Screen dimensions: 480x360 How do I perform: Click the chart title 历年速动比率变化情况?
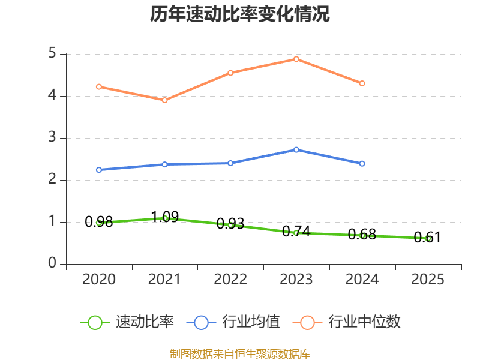pos(239,14)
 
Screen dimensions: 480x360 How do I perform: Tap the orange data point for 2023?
pos(296,59)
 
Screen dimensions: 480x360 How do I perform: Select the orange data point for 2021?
pos(164,100)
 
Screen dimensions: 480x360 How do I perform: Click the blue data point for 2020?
pos(99,170)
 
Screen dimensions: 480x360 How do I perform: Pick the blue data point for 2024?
pos(362,164)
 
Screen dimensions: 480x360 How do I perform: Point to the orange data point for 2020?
pos(99,87)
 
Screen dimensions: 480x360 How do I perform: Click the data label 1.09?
pos(165,217)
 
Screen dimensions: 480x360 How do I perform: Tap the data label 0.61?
pos(427,237)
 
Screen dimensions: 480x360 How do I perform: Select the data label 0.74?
pos(296,232)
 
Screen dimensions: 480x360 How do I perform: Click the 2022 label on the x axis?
pos(230,279)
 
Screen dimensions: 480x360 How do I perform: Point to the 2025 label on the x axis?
pos(428,279)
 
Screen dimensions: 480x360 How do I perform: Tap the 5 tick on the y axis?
pos(52,53)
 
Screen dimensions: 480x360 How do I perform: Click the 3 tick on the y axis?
pos(52,137)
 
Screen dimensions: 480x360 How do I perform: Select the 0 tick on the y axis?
pos(52,263)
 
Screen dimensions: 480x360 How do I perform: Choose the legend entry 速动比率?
pos(127,322)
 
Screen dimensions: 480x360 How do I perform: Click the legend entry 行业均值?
pos(233,322)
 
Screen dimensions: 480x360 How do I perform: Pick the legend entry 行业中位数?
pos(347,322)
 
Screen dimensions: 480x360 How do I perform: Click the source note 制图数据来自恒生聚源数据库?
pos(240,353)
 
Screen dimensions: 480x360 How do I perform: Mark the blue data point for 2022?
pos(230,163)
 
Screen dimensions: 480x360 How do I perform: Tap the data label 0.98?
pos(99,221)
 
